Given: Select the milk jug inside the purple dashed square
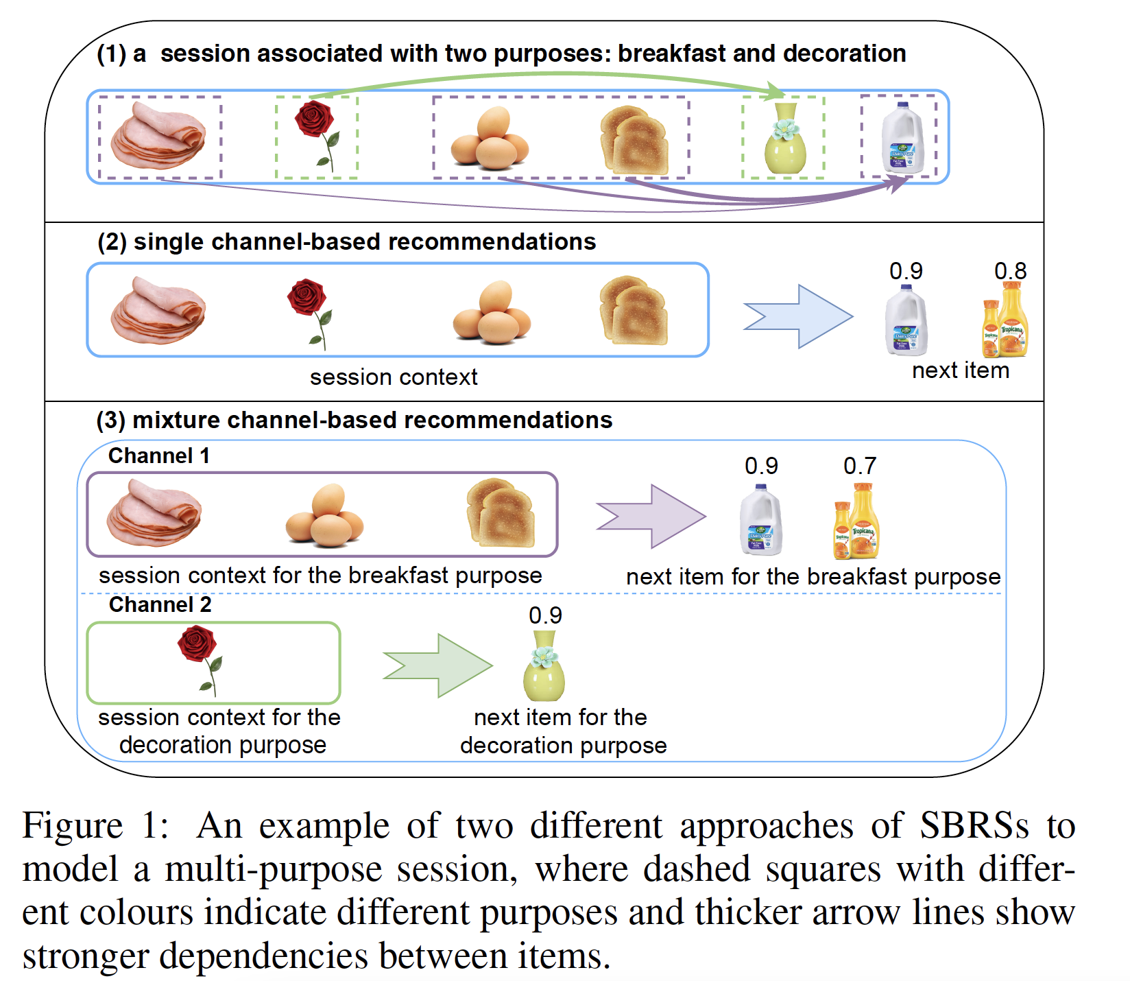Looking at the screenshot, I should (902, 139).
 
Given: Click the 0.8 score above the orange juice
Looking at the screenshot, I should (1010, 271).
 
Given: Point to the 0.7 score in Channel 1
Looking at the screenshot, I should (859, 466).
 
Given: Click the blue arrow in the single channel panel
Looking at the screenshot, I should (798, 317).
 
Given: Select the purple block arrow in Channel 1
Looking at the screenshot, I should (651, 517).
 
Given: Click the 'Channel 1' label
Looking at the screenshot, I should (158, 456).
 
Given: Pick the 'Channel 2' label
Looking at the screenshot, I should (160, 604).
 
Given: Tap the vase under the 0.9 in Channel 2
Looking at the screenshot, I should (544, 666).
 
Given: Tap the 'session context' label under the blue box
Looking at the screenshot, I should (394, 377).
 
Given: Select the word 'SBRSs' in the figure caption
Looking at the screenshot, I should (974, 825).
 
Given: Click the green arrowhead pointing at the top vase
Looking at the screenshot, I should (776, 90).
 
